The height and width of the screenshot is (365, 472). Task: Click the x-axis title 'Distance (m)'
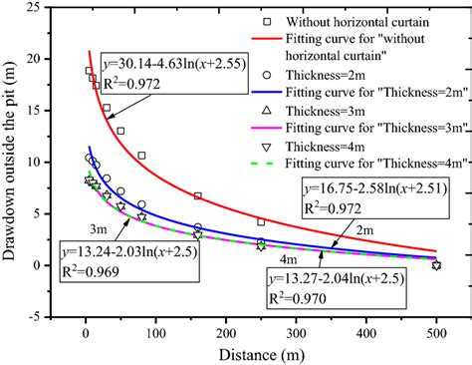pyautogui.click(x=260, y=353)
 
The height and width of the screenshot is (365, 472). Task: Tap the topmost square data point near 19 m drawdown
pyautogui.click(x=89, y=71)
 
